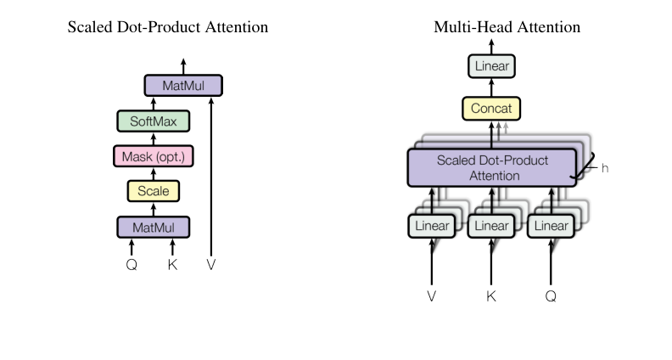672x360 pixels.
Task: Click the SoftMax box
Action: [153, 121]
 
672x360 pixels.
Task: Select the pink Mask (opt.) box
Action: [153, 156]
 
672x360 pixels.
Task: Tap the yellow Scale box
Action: [153, 191]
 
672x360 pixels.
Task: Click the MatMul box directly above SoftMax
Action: [182, 86]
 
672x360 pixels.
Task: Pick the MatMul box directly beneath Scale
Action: [153, 227]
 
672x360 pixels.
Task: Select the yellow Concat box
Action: [490, 109]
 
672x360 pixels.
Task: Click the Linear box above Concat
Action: [490, 65]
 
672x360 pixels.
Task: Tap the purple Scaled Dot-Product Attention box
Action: [491, 168]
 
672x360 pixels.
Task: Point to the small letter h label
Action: [605, 168]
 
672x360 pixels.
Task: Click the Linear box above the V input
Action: [432, 226]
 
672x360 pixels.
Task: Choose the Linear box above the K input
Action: [491, 226]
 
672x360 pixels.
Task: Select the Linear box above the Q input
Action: [550, 226]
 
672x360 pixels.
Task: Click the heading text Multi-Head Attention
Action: [507, 27]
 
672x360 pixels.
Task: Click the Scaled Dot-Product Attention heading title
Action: [167, 27]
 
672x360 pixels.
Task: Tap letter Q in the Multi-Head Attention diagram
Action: [550, 297]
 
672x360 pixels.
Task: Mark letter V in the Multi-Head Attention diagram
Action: [432, 297]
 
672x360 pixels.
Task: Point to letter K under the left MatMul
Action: [173, 264]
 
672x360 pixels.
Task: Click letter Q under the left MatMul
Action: [132, 264]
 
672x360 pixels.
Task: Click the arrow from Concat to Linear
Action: [490, 87]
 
